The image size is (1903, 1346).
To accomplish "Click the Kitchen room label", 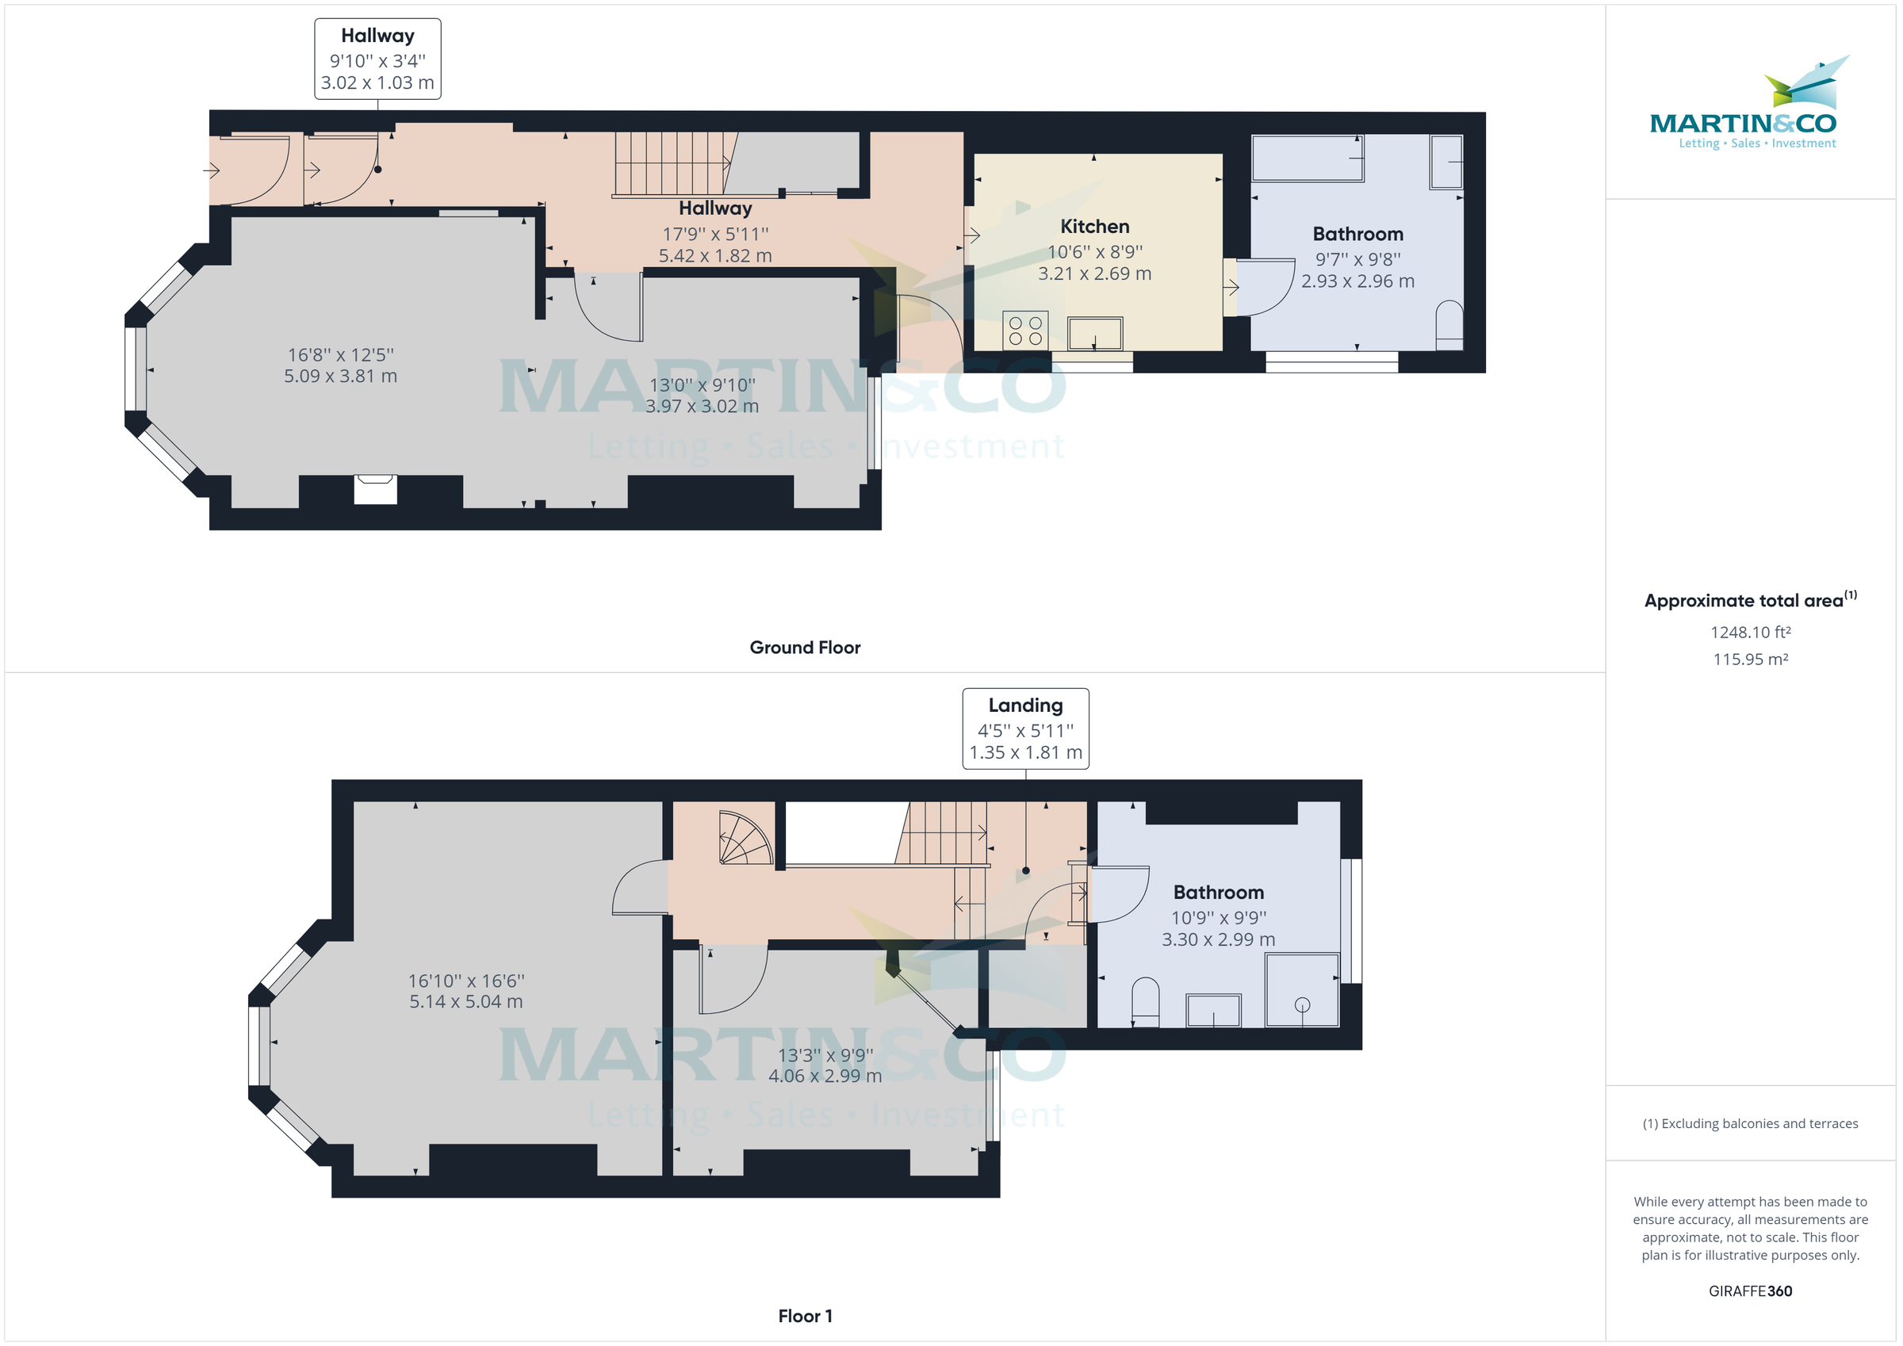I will click(x=1094, y=226).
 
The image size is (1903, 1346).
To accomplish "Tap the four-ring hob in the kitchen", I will click(x=1024, y=330).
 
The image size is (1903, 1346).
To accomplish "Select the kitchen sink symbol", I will click(x=1094, y=333).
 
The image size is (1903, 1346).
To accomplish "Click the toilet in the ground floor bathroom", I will click(x=1448, y=325).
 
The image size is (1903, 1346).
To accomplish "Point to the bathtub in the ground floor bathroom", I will click(x=1306, y=158).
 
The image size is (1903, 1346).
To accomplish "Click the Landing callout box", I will click(x=1025, y=728).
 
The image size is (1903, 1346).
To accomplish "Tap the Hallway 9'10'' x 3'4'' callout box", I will click(x=377, y=59).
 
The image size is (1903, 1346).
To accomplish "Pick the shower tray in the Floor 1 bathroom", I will click(x=1301, y=989).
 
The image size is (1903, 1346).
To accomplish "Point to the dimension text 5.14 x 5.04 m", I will click(x=465, y=1001).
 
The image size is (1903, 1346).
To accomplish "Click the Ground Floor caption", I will click(x=805, y=648).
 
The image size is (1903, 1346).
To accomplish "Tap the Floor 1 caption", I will click(x=805, y=1316).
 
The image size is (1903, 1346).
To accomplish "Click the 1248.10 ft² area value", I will click(x=1750, y=633).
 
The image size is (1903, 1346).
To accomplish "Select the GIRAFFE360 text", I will click(x=1750, y=1291).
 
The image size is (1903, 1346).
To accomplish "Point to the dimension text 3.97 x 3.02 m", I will click(x=701, y=406).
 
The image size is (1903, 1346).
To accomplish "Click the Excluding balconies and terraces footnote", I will click(x=1750, y=1123).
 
